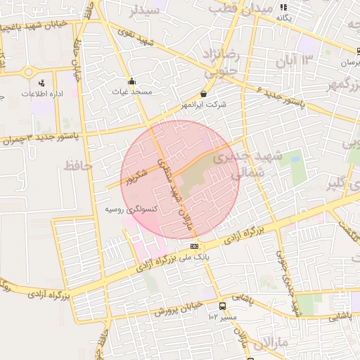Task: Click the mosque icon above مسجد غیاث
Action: point(131,80)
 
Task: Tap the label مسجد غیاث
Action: point(132,91)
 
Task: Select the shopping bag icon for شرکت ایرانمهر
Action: point(204,94)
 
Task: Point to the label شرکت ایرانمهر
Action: point(204,104)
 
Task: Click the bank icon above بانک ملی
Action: point(194,246)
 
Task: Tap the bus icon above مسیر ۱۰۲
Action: point(223,306)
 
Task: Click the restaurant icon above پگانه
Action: point(283,6)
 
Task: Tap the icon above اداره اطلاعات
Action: point(41,83)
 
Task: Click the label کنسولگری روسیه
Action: point(130,209)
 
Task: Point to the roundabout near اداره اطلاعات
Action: point(28,72)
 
